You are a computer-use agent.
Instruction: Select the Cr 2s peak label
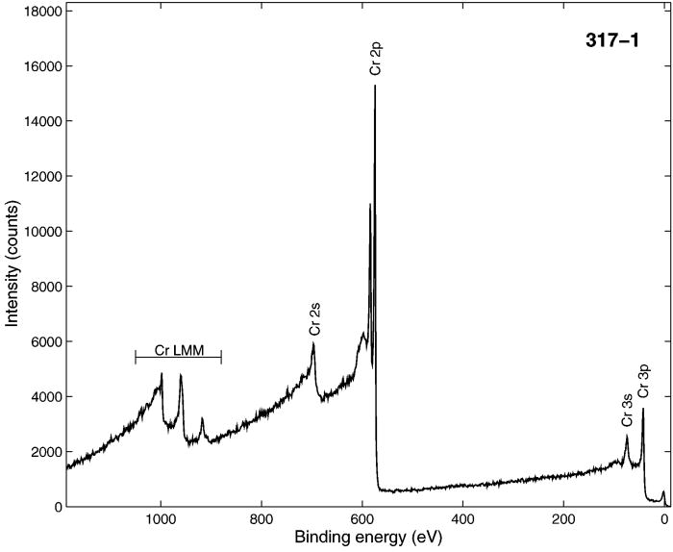tap(314, 318)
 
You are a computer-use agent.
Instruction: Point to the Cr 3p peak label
tap(643, 380)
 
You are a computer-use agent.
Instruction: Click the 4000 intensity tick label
tap(44, 397)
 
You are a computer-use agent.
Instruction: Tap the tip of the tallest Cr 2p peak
tap(375, 86)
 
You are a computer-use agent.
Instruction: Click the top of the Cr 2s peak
tap(313, 343)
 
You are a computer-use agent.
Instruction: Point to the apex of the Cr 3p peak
tap(643, 409)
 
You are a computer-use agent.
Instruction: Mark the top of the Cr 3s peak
tap(627, 436)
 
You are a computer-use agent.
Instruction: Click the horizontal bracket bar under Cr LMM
tap(179, 358)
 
